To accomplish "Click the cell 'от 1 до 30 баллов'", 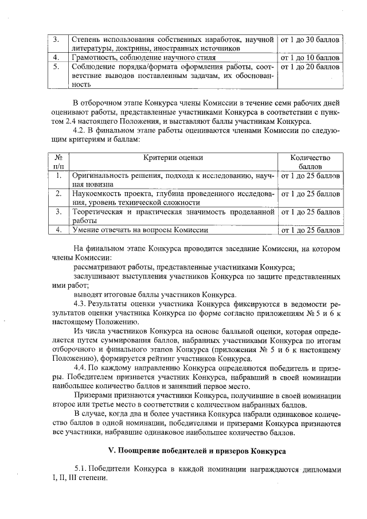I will pyautogui.click(x=310, y=40).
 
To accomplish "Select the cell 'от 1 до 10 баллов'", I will pyautogui.click(x=310, y=58).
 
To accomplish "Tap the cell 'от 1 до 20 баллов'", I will pyautogui.click(x=310, y=67).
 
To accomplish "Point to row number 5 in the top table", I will pyautogui.click(x=57, y=67).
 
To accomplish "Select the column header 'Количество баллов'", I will pyautogui.click(x=310, y=162).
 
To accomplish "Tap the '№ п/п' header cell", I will pyautogui.click(x=57, y=162).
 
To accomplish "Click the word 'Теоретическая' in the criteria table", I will pyautogui.click(x=98, y=212).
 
